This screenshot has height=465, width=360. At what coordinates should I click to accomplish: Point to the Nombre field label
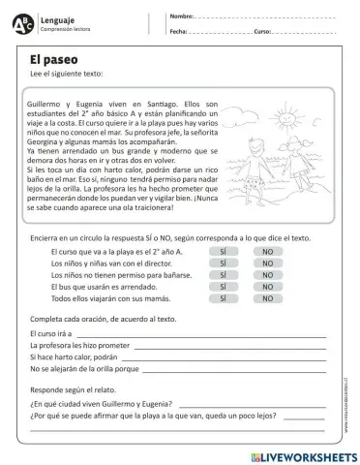pyautogui.click(x=181, y=17)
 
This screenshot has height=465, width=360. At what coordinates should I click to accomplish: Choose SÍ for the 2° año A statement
pyautogui.click(x=223, y=251)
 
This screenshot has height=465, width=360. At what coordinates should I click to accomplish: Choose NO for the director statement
pyautogui.click(x=267, y=263)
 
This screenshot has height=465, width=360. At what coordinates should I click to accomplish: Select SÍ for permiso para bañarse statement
pyautogui.click(x=223, y=274)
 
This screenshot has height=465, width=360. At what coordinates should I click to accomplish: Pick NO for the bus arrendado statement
pyautogui.click(x=267, y=287)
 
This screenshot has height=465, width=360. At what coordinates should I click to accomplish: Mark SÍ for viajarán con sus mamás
pyautogui.click(x=223, y=298)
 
